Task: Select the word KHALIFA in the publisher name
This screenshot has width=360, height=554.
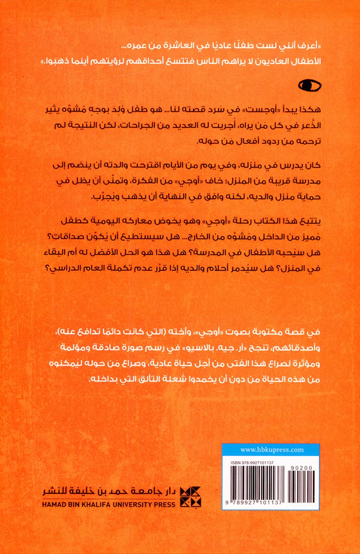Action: point(94,504)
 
